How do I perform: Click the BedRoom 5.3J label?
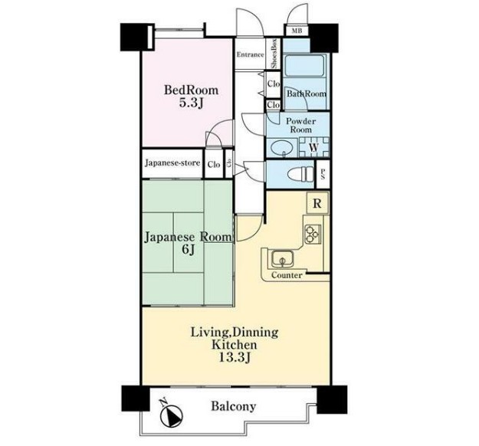pos(192,97)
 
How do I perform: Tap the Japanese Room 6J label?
pos(188,243)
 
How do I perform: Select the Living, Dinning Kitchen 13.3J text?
pos(235,345)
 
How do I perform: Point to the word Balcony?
pos(234,406)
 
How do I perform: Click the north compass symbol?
pos(171,415)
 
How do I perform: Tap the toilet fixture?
pos(300,175)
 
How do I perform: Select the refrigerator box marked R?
pos(317,203)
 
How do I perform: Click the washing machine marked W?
pos(313,147)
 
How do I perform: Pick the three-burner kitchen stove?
pos(312,234)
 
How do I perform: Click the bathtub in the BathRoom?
pos(304,66)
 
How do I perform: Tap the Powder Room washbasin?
pos(282,149)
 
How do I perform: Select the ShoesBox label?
pos(274,54)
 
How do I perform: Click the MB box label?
pos(297,31)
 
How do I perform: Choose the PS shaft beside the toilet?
pos(323,174)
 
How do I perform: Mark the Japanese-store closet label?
pos(172,162)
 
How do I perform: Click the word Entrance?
pos(250,54)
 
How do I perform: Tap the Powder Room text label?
pos(300,126)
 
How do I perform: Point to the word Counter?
pos(287,275)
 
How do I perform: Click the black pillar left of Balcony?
pos(136,398)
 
